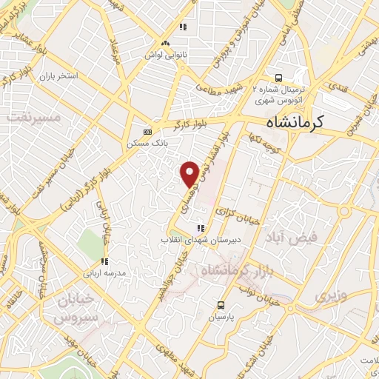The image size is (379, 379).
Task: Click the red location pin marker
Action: coord(189,173)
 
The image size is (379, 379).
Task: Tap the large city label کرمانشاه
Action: coord(304,124)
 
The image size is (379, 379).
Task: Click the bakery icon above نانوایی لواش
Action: coord(182,28)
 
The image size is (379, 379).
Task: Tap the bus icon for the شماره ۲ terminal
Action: coord(278,76)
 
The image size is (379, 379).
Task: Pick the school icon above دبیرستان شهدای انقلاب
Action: coord(200,228)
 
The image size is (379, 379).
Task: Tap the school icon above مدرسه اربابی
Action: coord(104,261)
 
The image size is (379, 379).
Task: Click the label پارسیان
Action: coord(221,316)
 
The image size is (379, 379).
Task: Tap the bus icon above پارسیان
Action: coord(221,304)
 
